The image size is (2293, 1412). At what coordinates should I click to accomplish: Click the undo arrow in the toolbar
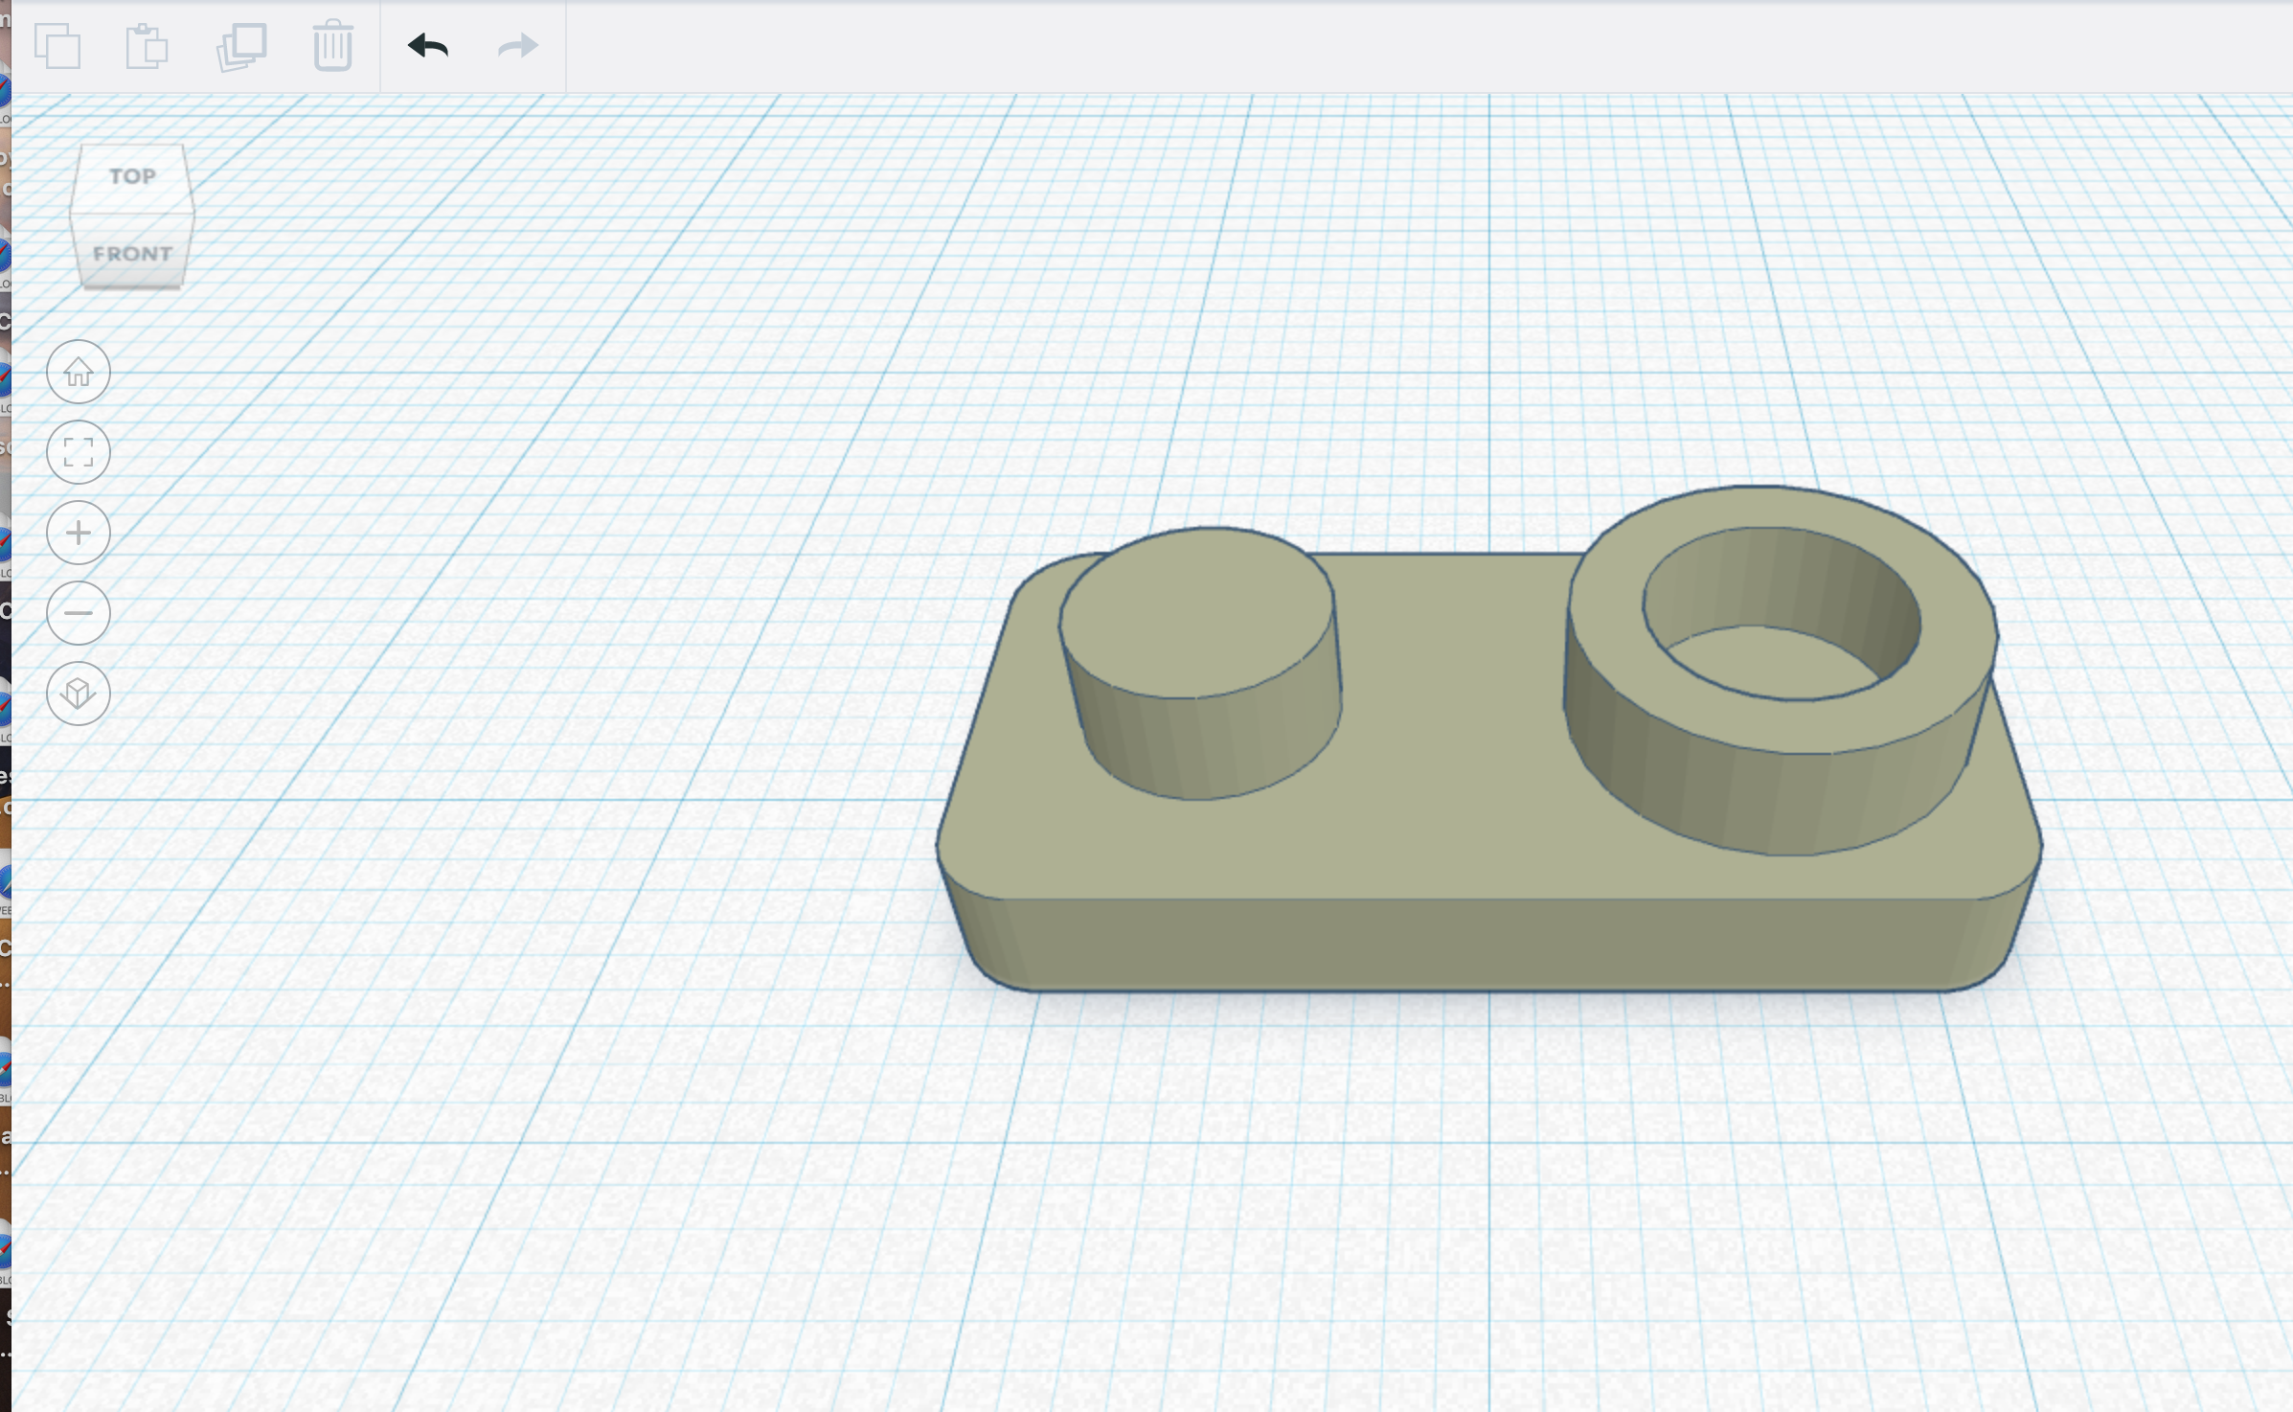[428, 46]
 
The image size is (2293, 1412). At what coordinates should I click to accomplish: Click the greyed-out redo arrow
[518, 46]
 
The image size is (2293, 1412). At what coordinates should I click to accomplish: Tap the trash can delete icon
[332, 46]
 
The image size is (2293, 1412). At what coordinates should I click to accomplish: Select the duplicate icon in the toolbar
[241, 47]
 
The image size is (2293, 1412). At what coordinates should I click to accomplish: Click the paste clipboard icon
[147, 47]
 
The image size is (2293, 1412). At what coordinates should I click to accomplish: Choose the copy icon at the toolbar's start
[57, 46]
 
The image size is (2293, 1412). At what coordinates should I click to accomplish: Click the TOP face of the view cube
[132, 177]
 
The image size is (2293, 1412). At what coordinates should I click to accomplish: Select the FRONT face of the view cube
[132, 254]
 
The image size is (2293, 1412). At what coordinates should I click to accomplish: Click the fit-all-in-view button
[79, 452]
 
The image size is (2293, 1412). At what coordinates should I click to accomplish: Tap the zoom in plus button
[79, 533]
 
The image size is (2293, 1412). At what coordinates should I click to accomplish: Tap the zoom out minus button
[79, 613]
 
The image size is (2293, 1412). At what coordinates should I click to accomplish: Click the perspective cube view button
[79, 694]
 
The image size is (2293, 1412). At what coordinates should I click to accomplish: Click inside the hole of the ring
[1772, 661]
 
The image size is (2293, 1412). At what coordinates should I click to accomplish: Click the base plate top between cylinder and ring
[1456, 671]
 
